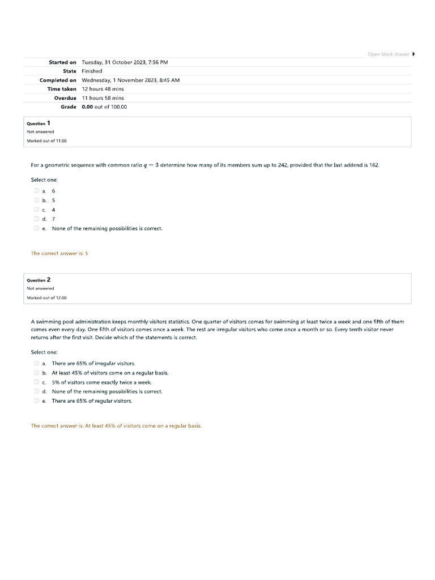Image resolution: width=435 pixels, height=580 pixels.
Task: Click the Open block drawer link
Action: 389,54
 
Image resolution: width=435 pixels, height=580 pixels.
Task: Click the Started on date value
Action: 125,62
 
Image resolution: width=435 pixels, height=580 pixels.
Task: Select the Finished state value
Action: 92,71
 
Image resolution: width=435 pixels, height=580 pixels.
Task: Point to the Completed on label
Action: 58,80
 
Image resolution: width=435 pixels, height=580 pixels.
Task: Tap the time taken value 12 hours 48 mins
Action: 103,89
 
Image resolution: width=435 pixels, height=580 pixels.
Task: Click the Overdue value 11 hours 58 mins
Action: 103,98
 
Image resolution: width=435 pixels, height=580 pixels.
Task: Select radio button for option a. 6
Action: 36,191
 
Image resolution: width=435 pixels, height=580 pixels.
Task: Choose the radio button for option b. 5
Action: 36,200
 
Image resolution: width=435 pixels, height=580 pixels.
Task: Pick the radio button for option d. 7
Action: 36,219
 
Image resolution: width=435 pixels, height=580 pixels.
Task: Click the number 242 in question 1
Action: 283,165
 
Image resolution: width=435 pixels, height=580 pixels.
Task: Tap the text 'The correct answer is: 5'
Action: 59,253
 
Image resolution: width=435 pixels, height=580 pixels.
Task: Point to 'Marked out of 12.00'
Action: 46,297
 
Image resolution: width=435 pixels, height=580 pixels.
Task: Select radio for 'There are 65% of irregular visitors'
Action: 36,363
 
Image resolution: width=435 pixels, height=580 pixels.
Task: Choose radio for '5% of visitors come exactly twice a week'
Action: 36,382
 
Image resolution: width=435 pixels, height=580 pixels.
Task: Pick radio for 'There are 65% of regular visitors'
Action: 36,401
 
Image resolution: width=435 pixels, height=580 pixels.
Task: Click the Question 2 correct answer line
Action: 116,426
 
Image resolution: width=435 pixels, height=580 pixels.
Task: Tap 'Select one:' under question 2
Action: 44,352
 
